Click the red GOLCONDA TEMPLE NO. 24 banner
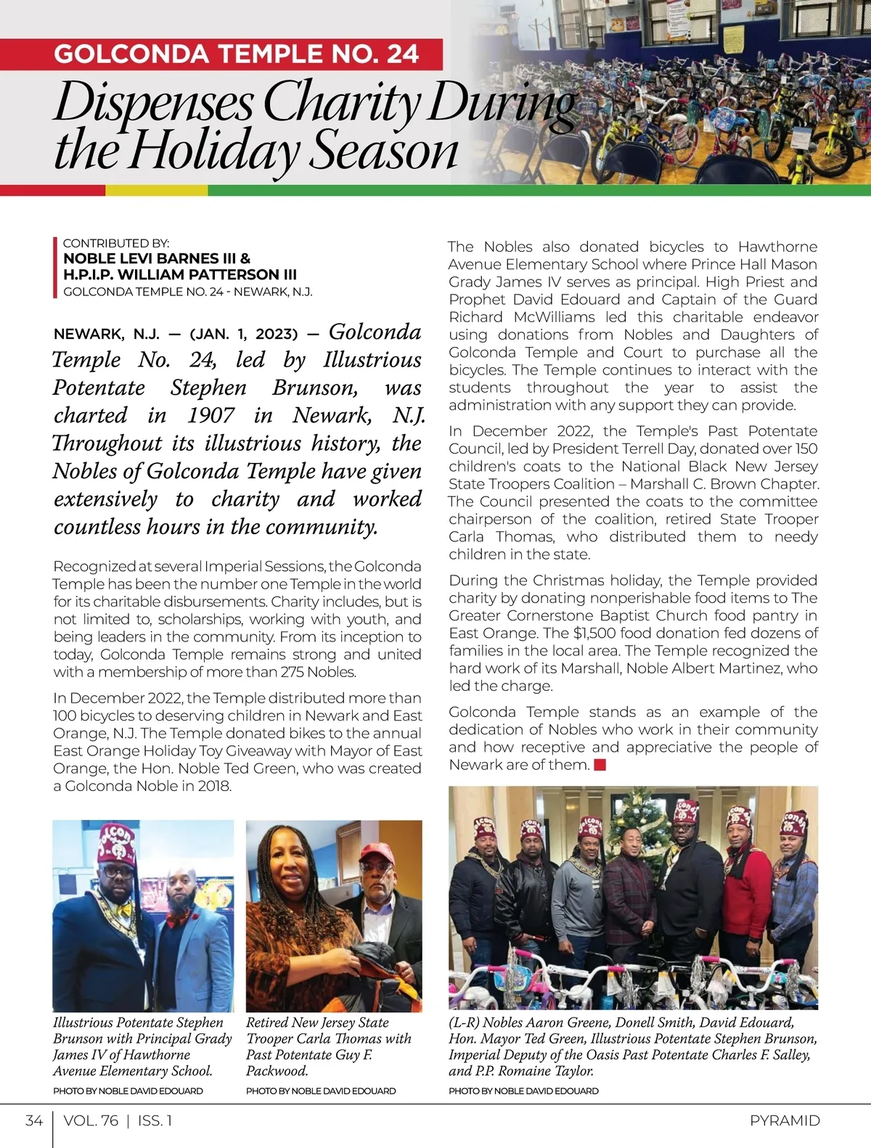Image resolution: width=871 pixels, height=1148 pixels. click(x=236, y=54)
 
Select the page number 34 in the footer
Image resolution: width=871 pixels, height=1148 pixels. click(x=33, y=1120)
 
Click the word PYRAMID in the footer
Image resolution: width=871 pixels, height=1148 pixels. click(x=785, y=1120)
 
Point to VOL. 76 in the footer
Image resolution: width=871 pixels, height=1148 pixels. click(x=91, y=1120)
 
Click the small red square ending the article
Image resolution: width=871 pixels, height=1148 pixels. click(x=600, y=765)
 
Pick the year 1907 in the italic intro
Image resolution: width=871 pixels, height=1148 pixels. click(x=210, y=415)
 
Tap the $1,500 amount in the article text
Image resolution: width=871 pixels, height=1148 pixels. click(x=592, y=633)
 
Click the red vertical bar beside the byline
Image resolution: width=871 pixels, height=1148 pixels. click(x=54, y=268)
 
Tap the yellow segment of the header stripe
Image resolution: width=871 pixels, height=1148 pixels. click(x=156, y=191)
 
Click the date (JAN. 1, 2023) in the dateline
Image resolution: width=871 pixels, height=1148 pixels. click(x=244, y=335)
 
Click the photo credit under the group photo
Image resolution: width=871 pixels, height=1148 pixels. click(x=523, y=1091)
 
